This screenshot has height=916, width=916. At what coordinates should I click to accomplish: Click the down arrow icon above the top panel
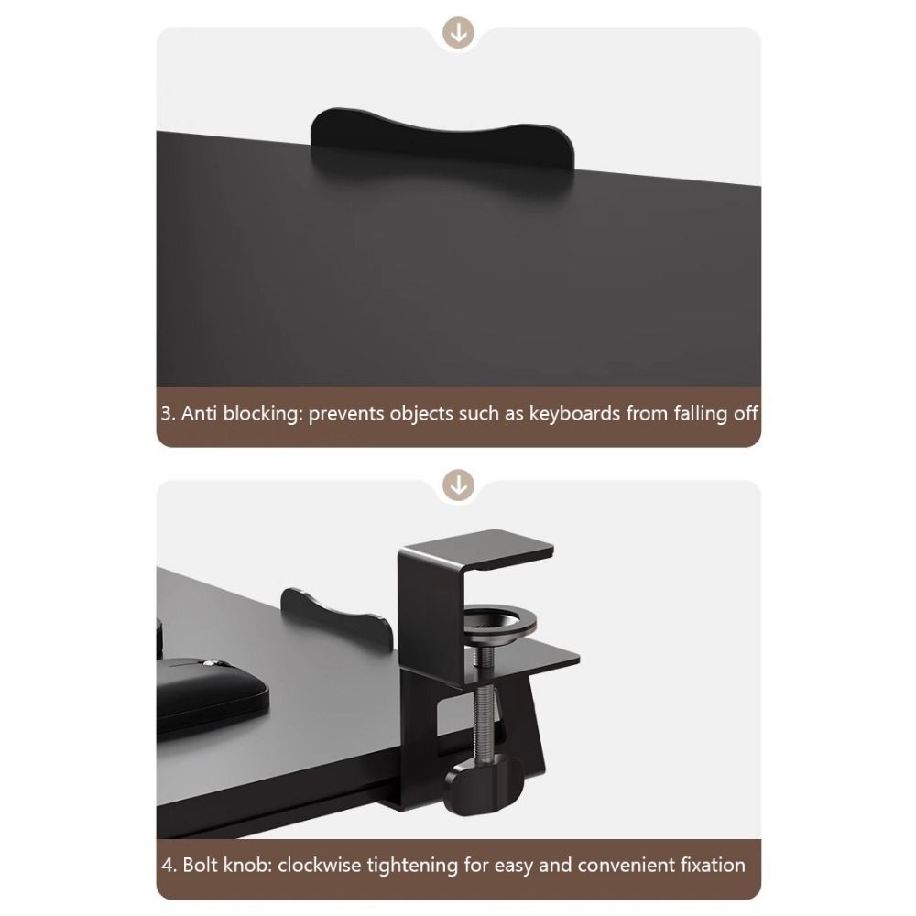458,32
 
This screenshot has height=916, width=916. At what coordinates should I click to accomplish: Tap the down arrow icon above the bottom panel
458,485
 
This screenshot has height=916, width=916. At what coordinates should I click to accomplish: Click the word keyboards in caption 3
574,414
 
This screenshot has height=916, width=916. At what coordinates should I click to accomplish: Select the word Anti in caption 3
199,414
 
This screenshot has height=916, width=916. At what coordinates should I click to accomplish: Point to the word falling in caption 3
700,414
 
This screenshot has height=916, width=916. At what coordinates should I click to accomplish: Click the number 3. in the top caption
169,414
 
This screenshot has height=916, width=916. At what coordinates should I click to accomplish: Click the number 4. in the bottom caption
169,865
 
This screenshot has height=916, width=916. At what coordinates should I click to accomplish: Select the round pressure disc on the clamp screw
499,625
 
